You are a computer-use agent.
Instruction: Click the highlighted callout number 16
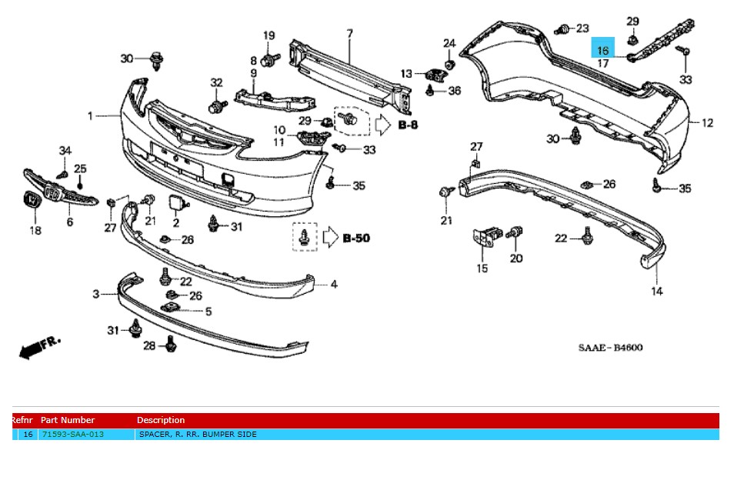pyautogui.click(x=602, y=50)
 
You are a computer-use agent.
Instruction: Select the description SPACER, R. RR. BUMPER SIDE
pyautogui.click(x=197, y=435)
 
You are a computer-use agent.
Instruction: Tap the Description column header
pyautogui.click(x=161, y=420)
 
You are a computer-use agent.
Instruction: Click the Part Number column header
pyautogui.click(x=68, y=420)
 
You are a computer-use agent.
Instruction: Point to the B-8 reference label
pyautogui.click(x=408, y=124)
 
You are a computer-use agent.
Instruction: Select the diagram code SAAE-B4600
pyautogui.click(x=610, y=348)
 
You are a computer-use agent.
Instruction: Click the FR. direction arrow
pyautogui.click(x=38, y=347)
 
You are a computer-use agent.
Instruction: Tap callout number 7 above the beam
pyautogui.click(x=349, y=34)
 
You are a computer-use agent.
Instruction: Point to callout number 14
pyautogui.click(x=657, y=292)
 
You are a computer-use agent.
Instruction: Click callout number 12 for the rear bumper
pyautogui.click(x=707, y=123)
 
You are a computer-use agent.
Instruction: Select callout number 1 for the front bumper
pyautogui.click(x=90, y=116)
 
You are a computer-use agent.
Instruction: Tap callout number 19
pyautogui.click(x=269, y=35)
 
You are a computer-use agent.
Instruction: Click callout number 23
pyautogui.click(x=582, y=28)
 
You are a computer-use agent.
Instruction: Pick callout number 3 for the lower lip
pyautogui.click(x=96, y=294)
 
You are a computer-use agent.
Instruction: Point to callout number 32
pyautogui.click(x=216, y=82)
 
